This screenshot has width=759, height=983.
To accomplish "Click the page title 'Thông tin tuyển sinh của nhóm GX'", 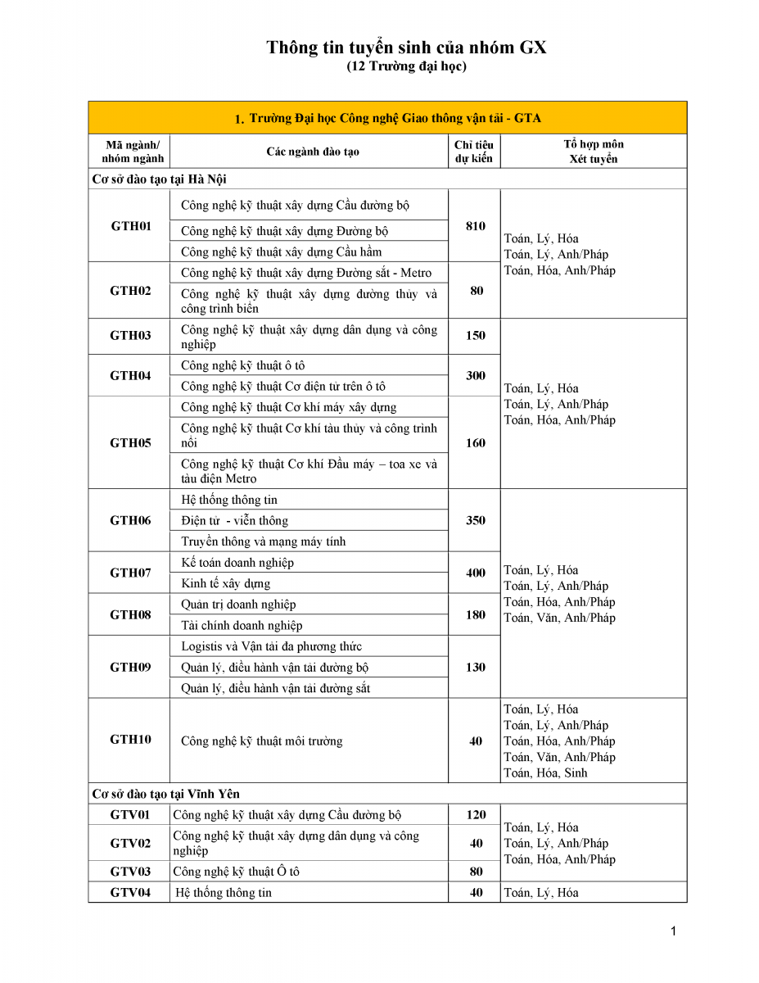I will [x=406, y=48].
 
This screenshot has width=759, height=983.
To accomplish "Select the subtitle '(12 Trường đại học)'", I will [x=406, y=66].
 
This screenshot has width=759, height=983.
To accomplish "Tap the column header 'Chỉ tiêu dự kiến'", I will [x=474, y=152].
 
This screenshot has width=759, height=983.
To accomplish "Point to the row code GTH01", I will [x=131, y=226].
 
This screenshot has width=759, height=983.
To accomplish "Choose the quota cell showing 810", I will [x=475, y=226].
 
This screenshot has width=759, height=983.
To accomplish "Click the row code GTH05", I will [x=131, y=443].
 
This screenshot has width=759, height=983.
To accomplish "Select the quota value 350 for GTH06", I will [x=475, y=520].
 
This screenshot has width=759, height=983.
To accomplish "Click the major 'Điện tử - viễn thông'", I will [x=234, y=521].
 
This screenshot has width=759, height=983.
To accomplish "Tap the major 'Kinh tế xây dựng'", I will [x=225, y=584].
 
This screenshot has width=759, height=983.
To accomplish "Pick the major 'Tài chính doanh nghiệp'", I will [x=242, y=626].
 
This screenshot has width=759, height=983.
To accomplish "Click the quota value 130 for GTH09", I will [x=475, y=668].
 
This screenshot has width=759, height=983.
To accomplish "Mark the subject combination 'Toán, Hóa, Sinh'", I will [x=545, y=773].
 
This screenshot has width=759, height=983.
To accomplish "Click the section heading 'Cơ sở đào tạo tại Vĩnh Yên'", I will [x=165, y=794].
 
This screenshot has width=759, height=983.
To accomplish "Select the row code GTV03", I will [x=131, y=872].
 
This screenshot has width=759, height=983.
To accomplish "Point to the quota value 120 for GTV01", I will [x=475, y=815].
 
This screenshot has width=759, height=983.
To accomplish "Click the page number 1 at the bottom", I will [x=673, y=931].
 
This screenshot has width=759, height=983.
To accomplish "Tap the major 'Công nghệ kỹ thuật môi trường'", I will [x=261, y=741].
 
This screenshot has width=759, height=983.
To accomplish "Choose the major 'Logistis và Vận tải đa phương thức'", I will [x=271, y=647].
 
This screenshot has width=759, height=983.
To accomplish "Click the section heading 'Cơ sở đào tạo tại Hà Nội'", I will [x=165, y=179].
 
